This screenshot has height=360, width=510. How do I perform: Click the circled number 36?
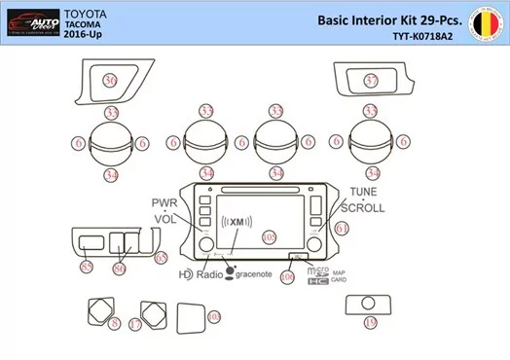pyautogui.click(x=111, y=80)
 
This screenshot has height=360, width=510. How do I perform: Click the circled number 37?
pyautogui.click(x=371, y=81)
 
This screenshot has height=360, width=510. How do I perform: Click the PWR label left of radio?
pyautogui.click(x=164, y=201)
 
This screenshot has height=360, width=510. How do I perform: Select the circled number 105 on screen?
pyautogui.click(x=270, y=236)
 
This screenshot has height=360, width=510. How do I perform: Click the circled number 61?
pyautogui.click(x=342, y=229)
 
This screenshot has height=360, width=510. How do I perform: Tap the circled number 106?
pyautogui.click(x=286, y=277)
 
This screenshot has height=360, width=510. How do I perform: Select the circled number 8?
pyautogui.click(x=115, y=323)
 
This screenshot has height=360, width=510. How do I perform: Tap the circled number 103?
pyautogui.click(x=214, y=316)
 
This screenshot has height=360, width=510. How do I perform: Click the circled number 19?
pyautogui.click(x=369, y=322)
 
